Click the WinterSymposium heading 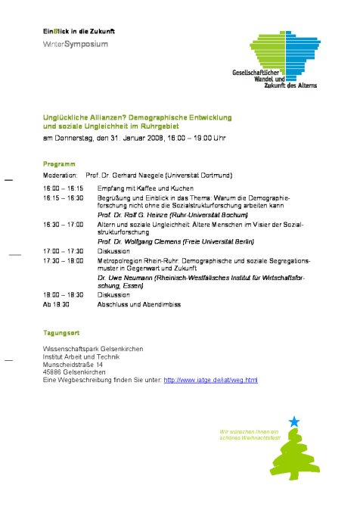[75, 45]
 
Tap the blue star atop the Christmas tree [294, 421]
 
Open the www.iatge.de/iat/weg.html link [211, 379]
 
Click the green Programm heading [59, 163]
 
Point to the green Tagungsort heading [62, 333]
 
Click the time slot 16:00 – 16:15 [64, 188]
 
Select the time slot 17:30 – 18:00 [64, 260]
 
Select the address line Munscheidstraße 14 [73, 364]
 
